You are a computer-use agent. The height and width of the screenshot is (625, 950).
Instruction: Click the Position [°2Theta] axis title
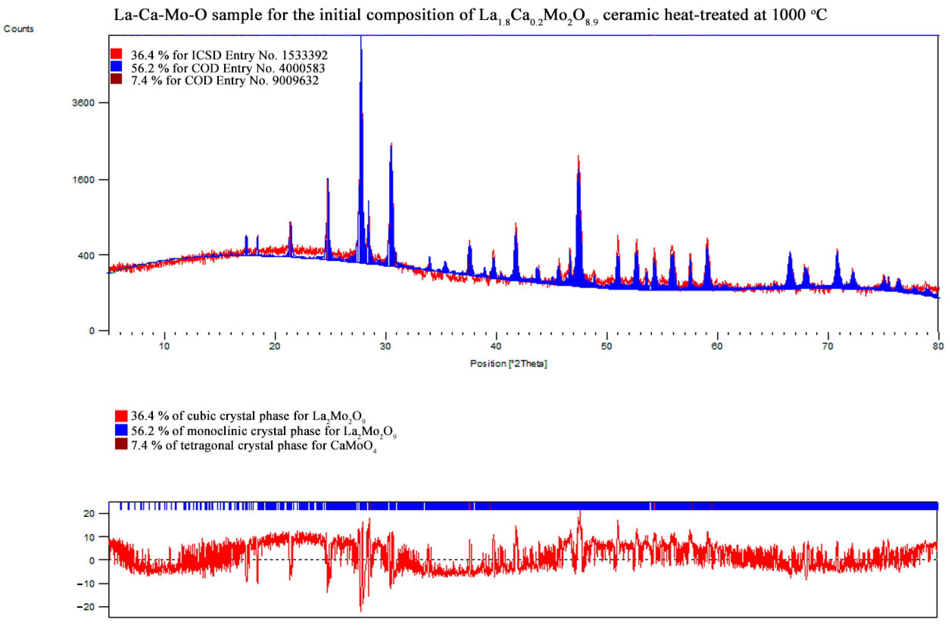(508, 364)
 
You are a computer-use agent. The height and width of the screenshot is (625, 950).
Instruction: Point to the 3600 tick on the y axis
(83, 103)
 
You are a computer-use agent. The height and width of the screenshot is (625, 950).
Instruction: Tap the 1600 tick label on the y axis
(83, 180)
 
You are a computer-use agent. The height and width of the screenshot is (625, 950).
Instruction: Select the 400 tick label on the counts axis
(86, 255)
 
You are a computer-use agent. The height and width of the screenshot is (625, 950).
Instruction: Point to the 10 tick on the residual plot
(90, 537)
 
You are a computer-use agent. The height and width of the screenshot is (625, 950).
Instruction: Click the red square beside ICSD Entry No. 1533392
(116, 54)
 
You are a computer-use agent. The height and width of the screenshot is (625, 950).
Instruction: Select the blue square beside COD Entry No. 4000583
(116, 67)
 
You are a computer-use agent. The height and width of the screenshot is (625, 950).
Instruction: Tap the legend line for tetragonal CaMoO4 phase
(253, 445)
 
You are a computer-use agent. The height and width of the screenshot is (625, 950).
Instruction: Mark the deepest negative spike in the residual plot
(361, 611)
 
